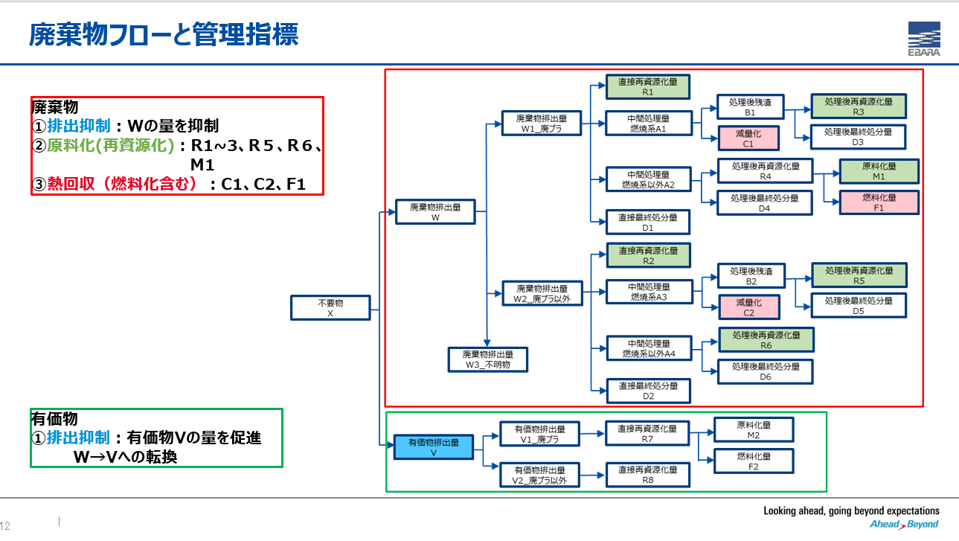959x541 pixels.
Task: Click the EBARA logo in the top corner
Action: pos(924,39)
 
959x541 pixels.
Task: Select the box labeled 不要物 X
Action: pos(330,307)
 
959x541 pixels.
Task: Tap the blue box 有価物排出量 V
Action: pos(433,447)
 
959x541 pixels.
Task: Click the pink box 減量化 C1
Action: pos(748,138)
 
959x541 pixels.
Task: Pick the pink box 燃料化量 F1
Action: pos(879,202)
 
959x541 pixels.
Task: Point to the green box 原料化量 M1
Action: pos(879,171)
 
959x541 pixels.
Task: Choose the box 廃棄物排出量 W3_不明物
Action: pos(487,359)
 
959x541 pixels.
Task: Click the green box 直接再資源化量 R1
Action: pos(648,87)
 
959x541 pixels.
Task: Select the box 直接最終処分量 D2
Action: pos(648,391)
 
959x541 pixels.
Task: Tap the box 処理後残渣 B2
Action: pos(751,276)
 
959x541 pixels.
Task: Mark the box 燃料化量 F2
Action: pos(754,461)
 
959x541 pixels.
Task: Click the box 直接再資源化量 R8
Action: pos(648,475)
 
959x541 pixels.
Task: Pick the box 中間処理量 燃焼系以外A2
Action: pos(648,179)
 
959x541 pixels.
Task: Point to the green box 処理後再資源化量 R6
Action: pos(766,340)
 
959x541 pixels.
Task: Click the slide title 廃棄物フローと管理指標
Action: pos(164,35)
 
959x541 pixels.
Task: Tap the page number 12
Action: pos(4,526)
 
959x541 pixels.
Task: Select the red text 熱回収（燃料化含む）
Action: pos(122,184)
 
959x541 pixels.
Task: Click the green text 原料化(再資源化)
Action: pos(110,146)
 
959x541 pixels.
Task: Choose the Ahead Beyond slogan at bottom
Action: pos(904,525)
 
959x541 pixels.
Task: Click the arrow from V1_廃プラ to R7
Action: pos(592,434)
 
